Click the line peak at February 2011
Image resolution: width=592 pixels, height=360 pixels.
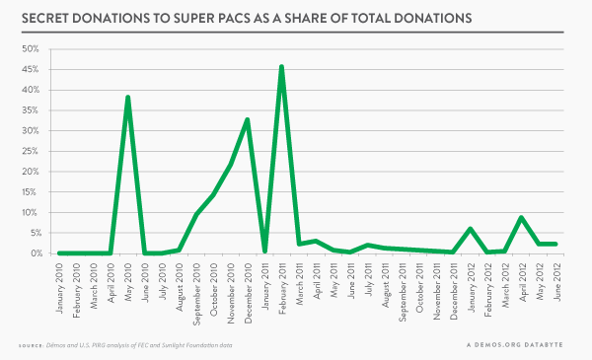pos(282,67)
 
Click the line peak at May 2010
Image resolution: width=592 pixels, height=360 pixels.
pos(128,98)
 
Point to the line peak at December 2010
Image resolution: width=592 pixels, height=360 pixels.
pos(248,119)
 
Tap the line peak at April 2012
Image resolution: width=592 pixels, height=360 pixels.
pos(521,218)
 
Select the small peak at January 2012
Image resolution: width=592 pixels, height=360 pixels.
pos(470,229)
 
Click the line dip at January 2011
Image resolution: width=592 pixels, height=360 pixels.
pos(264,251)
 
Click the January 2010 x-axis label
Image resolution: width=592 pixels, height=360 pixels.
pos(60,285)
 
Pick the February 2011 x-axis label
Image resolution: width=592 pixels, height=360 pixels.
pos(282,286)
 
